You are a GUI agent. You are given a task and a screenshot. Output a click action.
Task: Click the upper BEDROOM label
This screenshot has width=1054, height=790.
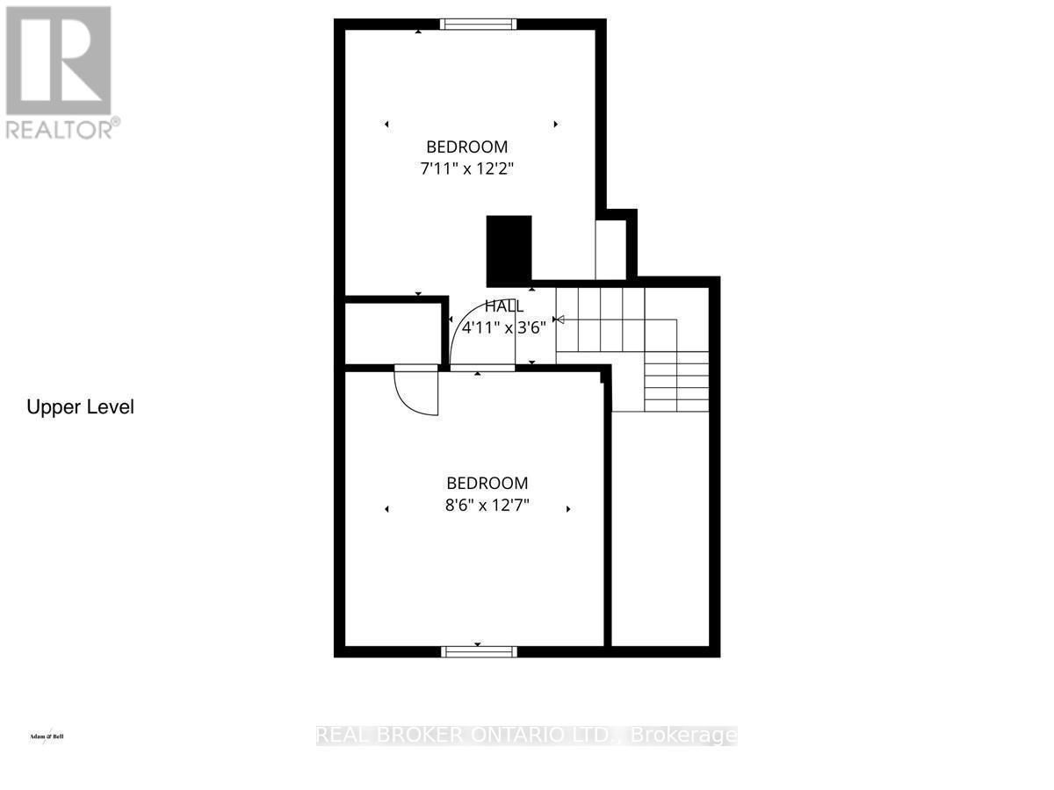coord(466,147)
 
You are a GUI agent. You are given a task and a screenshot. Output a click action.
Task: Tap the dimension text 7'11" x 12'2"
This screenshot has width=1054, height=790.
coord(466,169)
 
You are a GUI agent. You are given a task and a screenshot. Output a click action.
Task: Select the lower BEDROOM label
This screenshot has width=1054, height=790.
coord(487,483)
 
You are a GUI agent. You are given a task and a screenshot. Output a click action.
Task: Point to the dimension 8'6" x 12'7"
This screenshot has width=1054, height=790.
coord(487,505)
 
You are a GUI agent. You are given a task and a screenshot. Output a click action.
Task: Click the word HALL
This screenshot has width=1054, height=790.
coord(505,306)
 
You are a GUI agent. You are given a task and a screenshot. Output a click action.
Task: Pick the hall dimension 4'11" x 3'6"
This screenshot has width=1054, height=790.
coord(504,328)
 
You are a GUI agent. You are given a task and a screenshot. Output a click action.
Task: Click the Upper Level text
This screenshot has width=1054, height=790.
coord(80,407)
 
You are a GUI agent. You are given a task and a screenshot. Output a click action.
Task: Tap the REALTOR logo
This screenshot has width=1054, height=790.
coord(60,70)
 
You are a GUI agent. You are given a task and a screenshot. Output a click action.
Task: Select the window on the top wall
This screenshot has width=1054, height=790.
coord(478,25)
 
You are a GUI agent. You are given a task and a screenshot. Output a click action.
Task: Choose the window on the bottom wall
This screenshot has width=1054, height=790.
coord(478,650)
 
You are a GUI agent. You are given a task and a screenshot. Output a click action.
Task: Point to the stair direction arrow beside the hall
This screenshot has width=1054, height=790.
coord(559,320)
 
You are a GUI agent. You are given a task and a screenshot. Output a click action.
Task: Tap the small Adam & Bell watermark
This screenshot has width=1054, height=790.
coord(47,736)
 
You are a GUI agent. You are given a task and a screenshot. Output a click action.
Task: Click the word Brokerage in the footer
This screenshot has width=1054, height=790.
coord(694,736)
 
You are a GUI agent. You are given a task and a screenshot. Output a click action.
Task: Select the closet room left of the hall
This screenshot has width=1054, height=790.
coord(391,333)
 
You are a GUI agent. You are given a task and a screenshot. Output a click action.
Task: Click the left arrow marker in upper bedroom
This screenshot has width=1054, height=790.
coord(386,125)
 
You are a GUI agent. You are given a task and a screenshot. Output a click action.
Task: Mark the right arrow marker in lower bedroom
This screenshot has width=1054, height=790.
coord(568,509)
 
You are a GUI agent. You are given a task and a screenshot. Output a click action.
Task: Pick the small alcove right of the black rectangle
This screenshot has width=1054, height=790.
coord(611,248)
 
